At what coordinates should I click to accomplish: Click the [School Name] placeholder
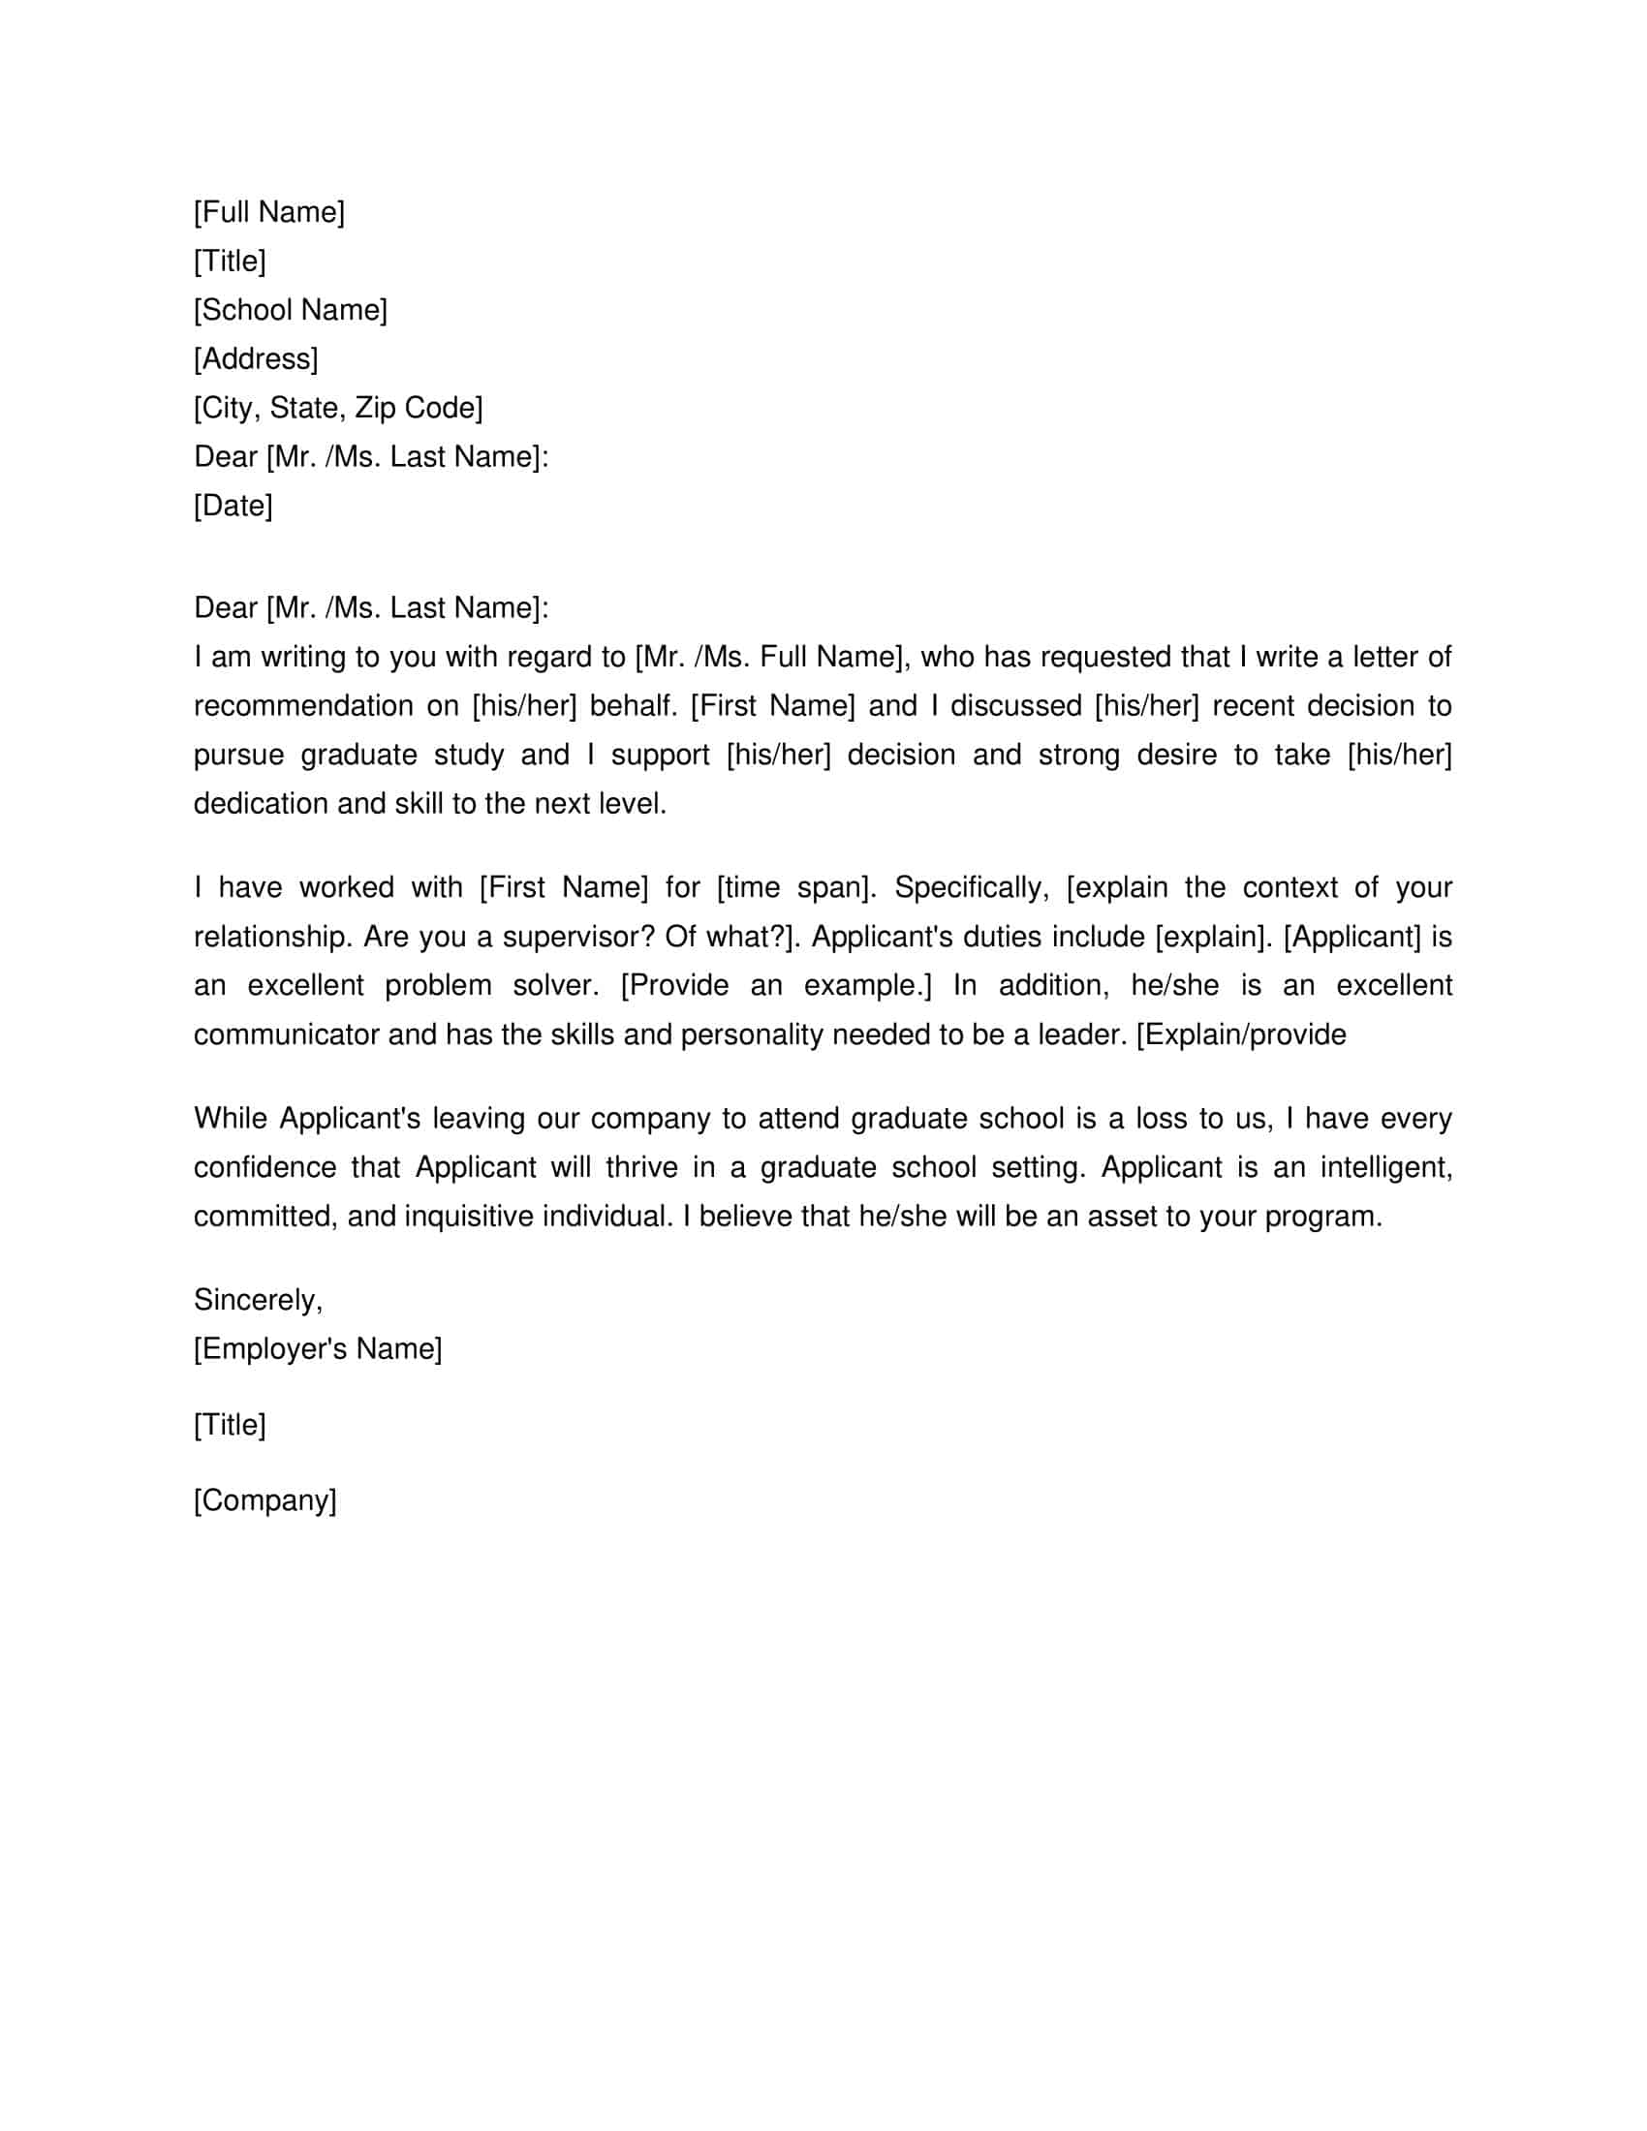(290, 310)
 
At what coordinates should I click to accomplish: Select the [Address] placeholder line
(256, 359)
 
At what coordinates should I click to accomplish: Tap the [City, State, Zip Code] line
(337, 408)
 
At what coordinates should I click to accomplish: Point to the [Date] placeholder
(233, 506)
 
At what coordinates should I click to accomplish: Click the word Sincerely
(257, 1300)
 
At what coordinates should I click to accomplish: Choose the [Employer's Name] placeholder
(317, 1348)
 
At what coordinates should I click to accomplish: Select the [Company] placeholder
(264, 1499)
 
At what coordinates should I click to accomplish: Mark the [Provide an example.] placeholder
(776, 985)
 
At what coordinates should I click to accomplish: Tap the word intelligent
(1385, 1168)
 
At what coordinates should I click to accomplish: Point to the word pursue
(238, 756)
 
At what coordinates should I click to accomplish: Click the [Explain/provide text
(1241, 1035)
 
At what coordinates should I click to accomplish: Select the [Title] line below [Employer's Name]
(230, 1425)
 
